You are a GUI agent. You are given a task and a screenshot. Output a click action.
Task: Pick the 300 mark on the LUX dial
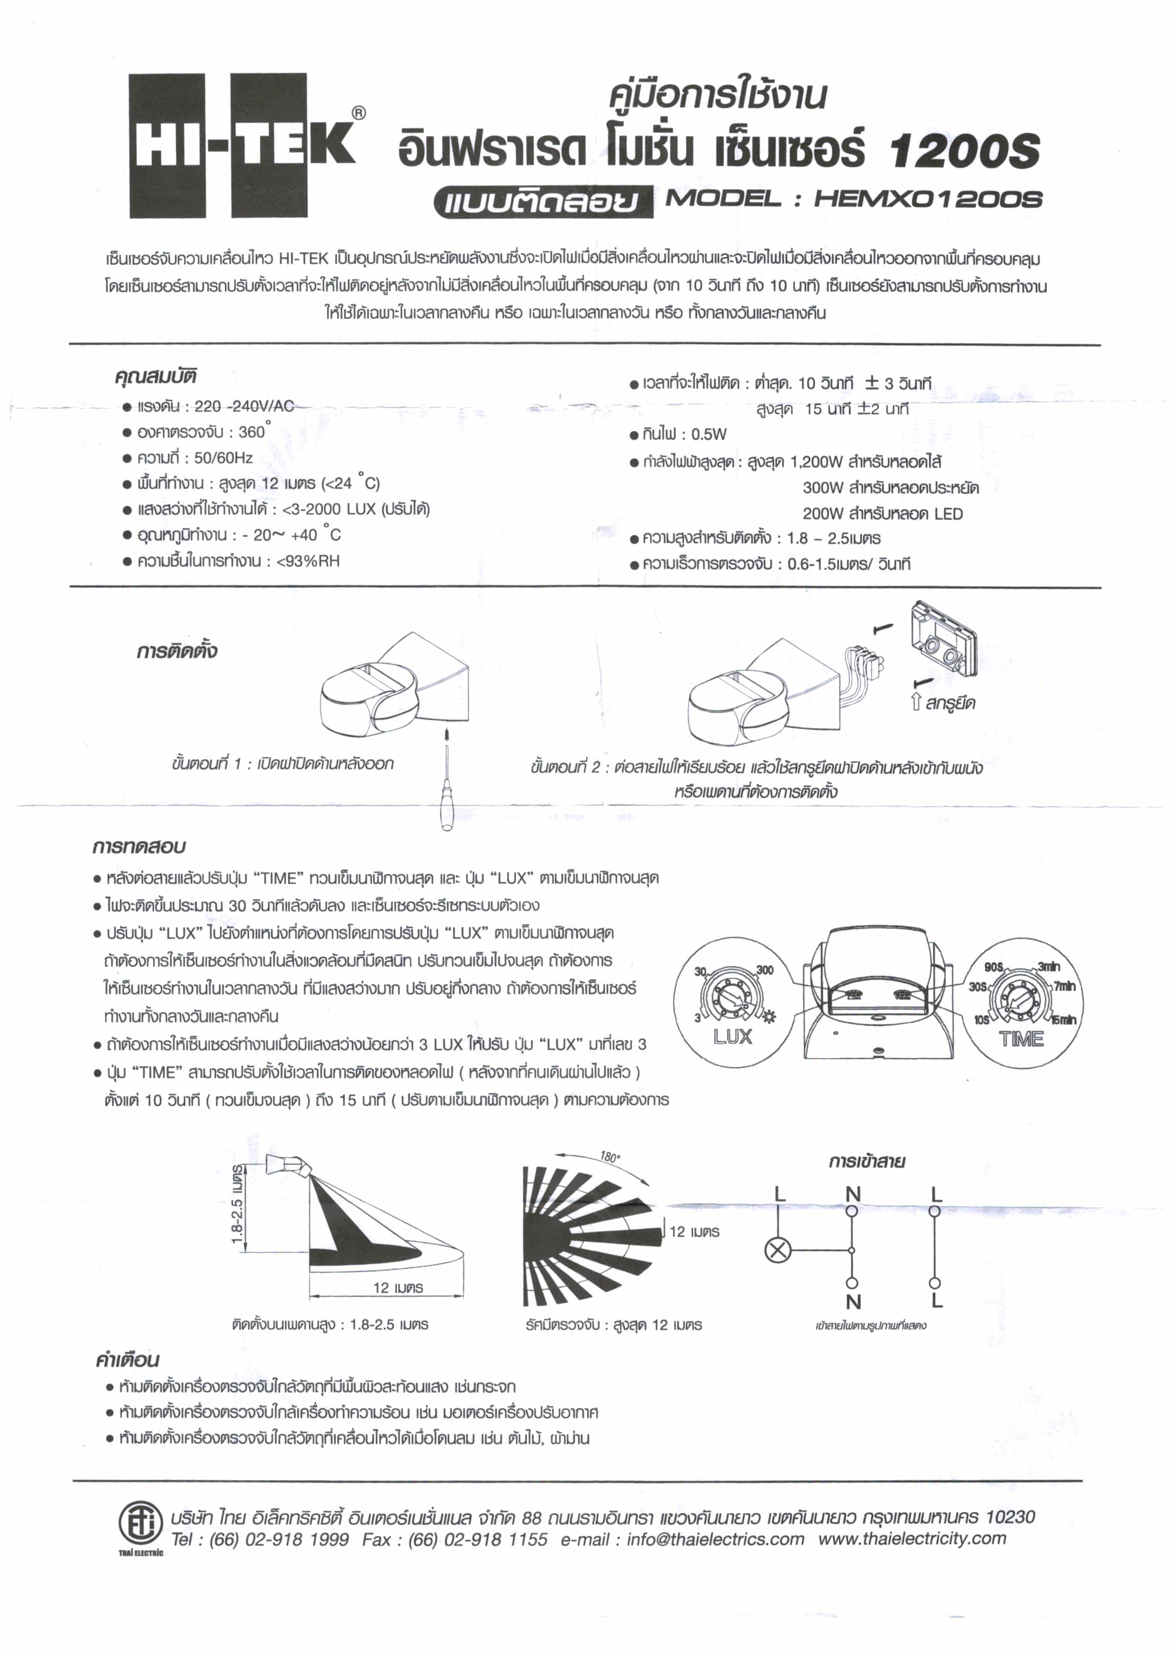pyautogui.click(x=764, y=970)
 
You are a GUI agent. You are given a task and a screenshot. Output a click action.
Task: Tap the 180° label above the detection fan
pyautogui.click(x=609, y=1157)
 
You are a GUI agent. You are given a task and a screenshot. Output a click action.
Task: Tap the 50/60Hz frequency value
pyautogui.click(x=223, y=458)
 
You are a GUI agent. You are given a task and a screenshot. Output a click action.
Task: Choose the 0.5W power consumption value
pyautogui.click(x=709, y=435)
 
